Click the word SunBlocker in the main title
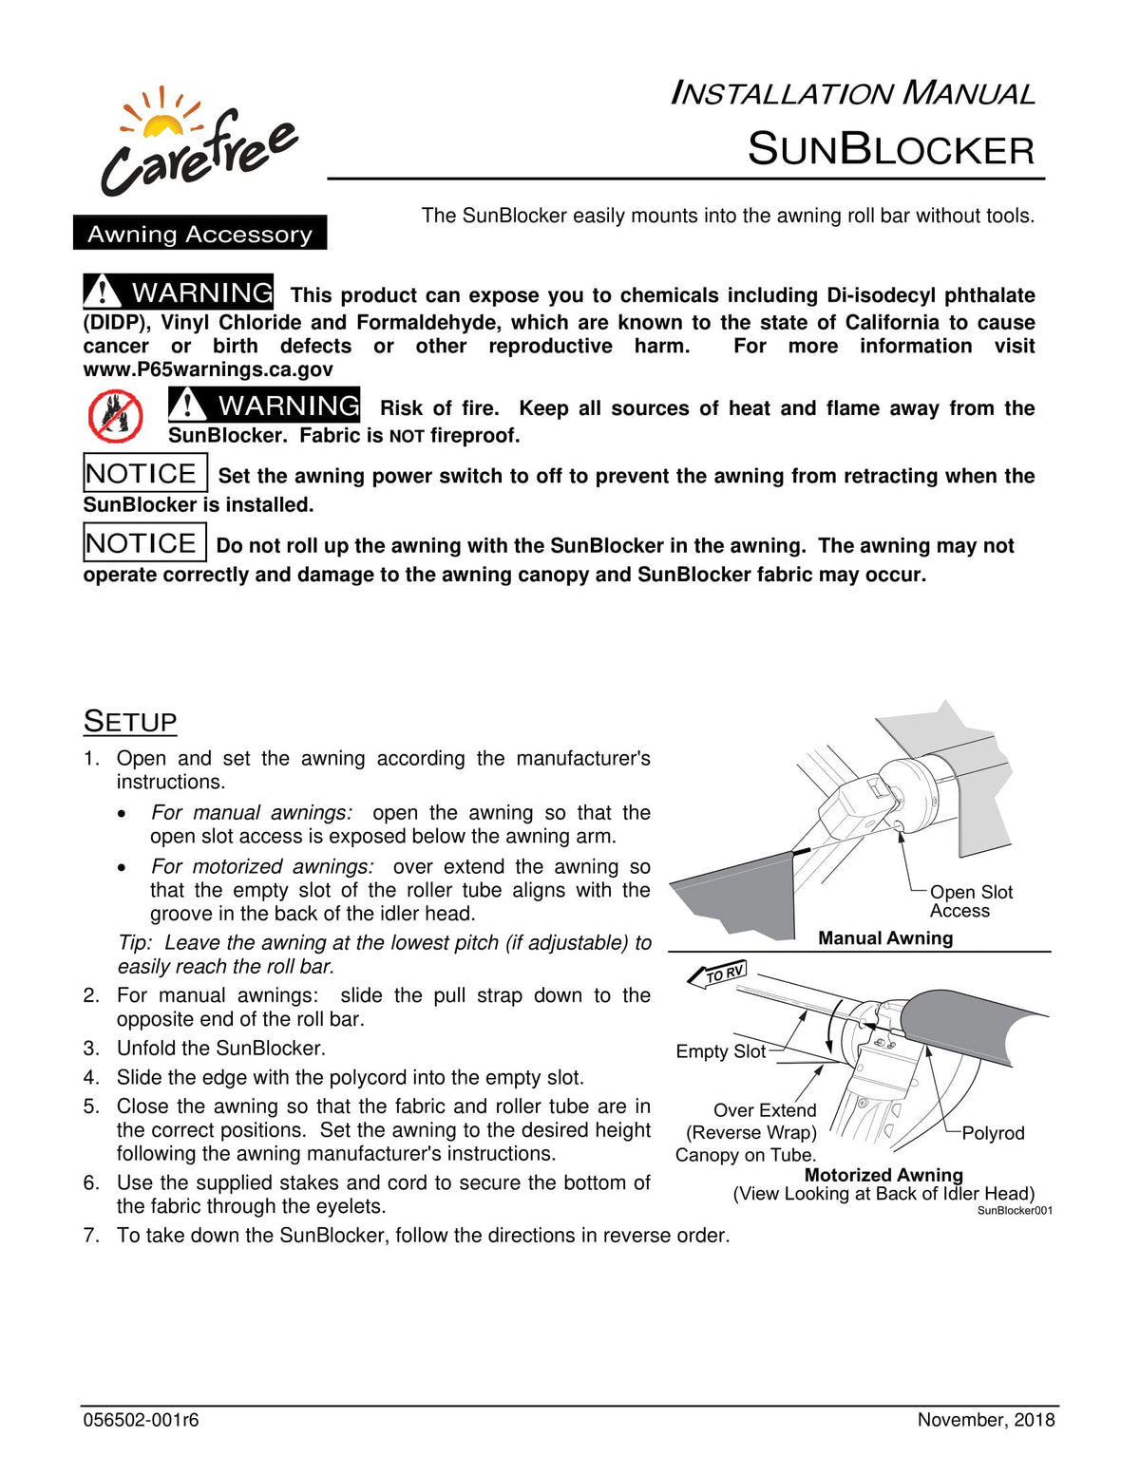tap(890, 150)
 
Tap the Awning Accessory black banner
tap(199, 234)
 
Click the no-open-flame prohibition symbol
tap(116, 417)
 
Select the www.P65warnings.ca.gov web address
tap(208, 369)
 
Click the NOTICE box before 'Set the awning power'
tap(144, 473)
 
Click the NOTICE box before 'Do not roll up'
tap(144, 542)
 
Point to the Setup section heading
tap(130, 722)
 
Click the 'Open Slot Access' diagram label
tap(971, 901)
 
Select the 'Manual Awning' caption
tap(885, 938)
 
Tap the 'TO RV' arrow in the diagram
tap(718, 974)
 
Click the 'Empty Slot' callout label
tap(720, 1051)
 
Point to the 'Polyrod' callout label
tap(993, 1133)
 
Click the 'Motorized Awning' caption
tap(883, 1175)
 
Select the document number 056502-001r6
tap(141, 1421)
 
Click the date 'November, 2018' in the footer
tap(985, 1421)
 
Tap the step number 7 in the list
tap(91, 1236)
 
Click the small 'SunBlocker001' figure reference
tap(1015, 1211)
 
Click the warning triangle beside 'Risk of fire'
tap(188, 405)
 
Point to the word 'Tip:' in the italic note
tap(135, 943)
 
